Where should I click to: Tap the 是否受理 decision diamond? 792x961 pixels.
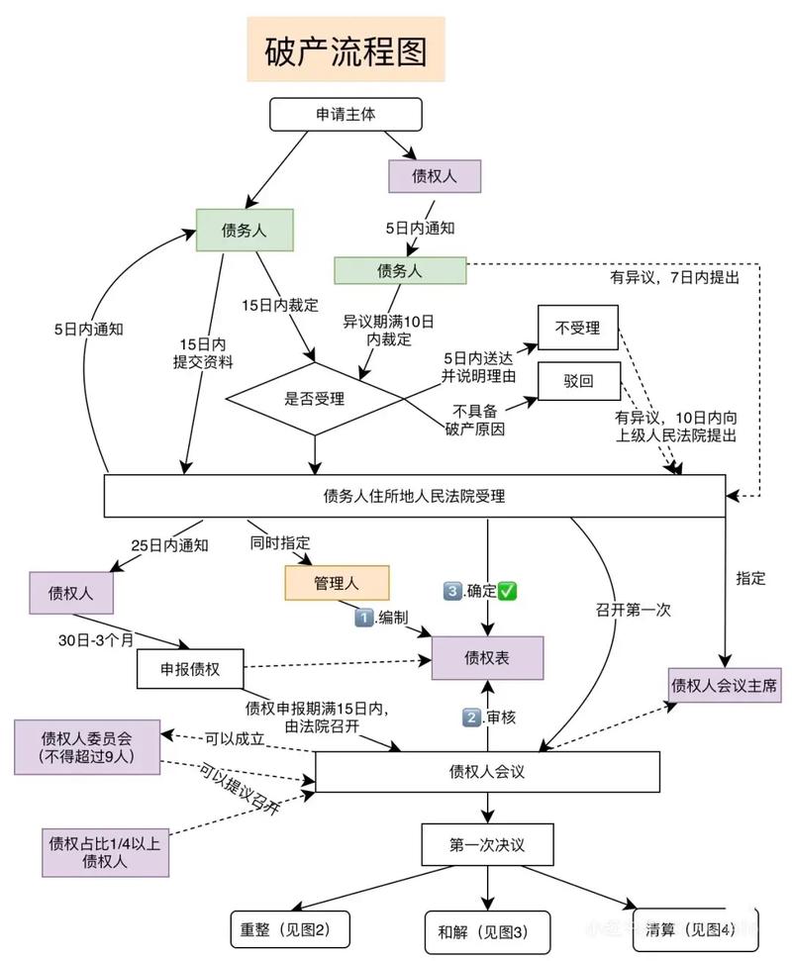315,400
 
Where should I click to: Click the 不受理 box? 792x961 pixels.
577,326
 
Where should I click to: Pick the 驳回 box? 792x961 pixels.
578,380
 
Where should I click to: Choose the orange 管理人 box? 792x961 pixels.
337,583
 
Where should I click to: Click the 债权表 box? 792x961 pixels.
487,656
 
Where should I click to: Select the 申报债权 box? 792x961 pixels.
190,669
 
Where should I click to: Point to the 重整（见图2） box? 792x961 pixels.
290,929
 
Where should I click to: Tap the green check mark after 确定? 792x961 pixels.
509,591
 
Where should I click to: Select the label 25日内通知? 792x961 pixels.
169,544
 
